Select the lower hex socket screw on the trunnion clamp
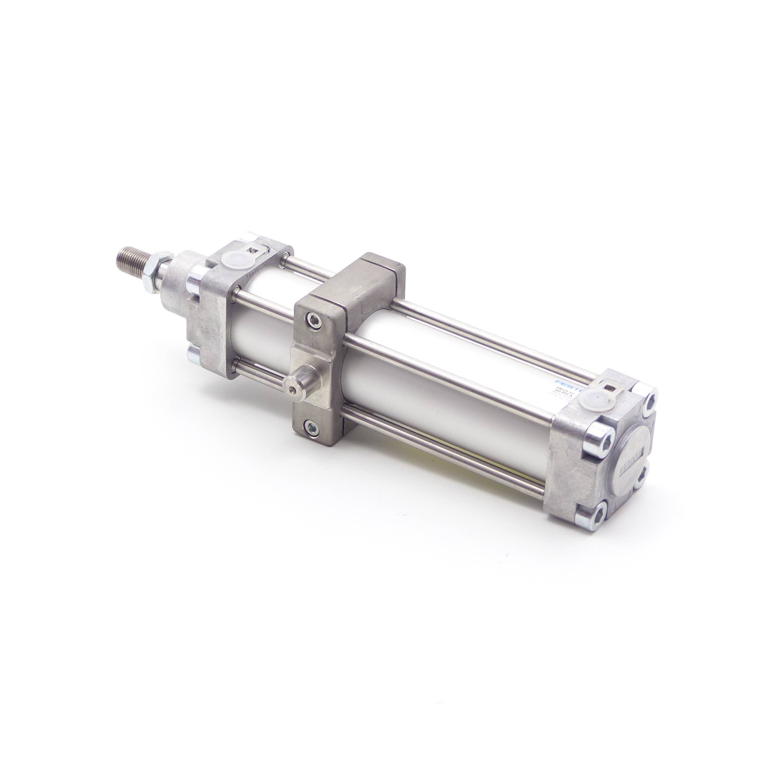311,426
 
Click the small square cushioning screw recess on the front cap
257,248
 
